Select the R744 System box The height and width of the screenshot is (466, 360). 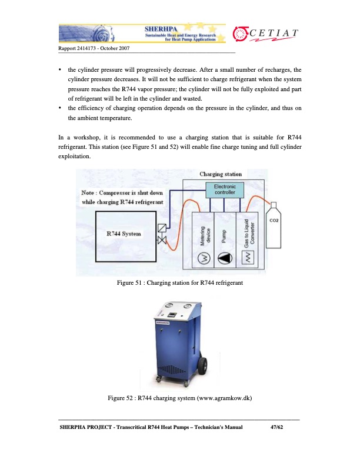click(x=124, y=234)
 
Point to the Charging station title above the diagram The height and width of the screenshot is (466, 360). click(x=221, y=174)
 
